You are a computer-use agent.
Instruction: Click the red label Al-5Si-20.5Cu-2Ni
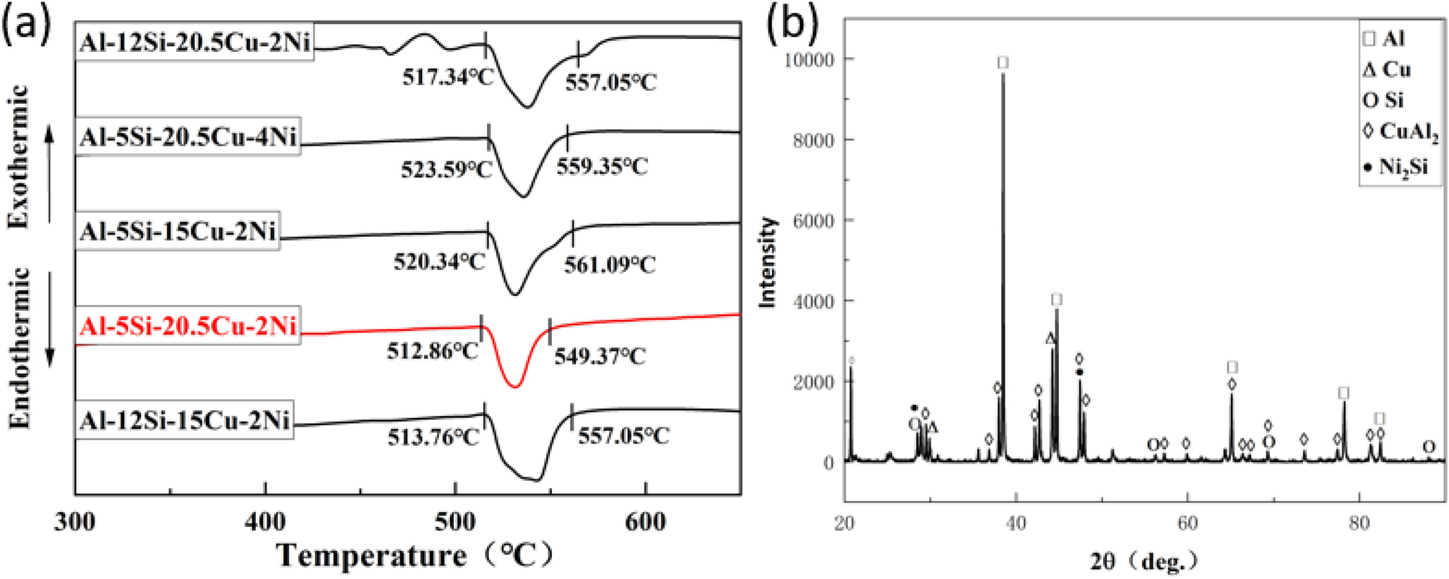(188, 327)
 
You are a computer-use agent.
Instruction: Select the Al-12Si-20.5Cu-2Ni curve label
(195, 43)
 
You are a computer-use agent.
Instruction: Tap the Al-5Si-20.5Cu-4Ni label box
(188, 136)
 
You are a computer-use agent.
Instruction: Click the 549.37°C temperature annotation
(600, 356)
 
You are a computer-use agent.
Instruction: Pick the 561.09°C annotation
(609, 265)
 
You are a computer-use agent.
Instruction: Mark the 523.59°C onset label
(446, 169)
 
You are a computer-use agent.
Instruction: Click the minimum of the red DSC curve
(514, 387)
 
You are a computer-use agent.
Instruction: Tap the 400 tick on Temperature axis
(265, 521)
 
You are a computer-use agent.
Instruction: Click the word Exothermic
(20, 156)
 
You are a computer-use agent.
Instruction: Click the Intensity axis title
(769, 262)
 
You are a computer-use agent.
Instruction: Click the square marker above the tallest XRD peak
(1003, 63)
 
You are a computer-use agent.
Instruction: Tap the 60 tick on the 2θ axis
(1188, 521)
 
